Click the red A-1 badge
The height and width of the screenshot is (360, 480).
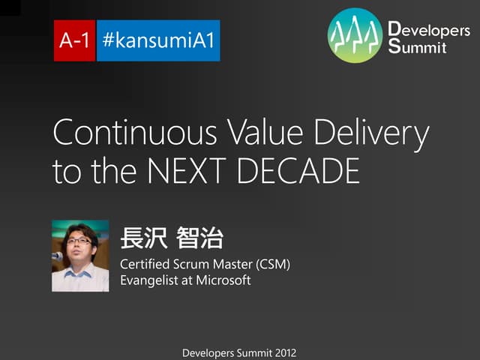tap(74, 40)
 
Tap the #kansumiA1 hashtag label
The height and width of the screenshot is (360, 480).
tap(158, 40)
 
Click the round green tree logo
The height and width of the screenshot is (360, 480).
tap(355, 35)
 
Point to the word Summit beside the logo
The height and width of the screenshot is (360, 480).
tap(418, 48)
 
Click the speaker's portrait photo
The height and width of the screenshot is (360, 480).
tap(80, 256)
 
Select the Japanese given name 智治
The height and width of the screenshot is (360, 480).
tap(199, 240)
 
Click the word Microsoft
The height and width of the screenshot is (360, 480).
tap(223, 281)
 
